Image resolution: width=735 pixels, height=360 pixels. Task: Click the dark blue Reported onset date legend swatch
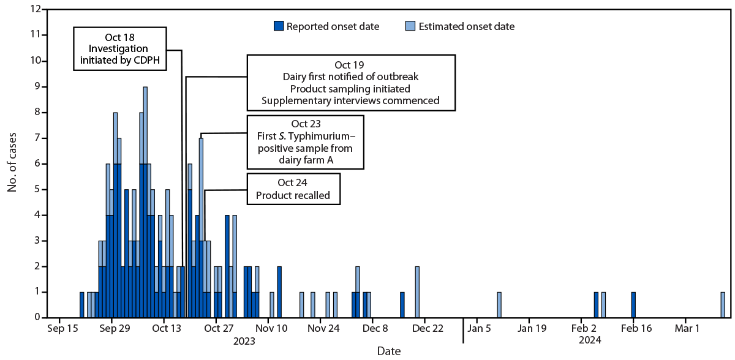(279, 26)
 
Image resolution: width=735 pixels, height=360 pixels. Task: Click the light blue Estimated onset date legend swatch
(410, 26)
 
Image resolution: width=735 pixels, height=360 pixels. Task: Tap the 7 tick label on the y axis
(37, 138)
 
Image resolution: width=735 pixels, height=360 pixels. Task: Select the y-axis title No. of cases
(12, 163)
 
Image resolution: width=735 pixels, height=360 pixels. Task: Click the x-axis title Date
(389, 351)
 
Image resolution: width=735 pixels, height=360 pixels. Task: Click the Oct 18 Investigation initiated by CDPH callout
(120, 49)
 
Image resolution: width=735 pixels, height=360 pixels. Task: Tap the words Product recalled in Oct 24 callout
(293, 196)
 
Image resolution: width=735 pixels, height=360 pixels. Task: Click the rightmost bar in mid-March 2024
(723, 305)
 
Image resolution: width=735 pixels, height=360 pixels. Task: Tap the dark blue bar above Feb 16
(633, 305)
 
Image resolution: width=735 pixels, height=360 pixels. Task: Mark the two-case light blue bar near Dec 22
(417, 292)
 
